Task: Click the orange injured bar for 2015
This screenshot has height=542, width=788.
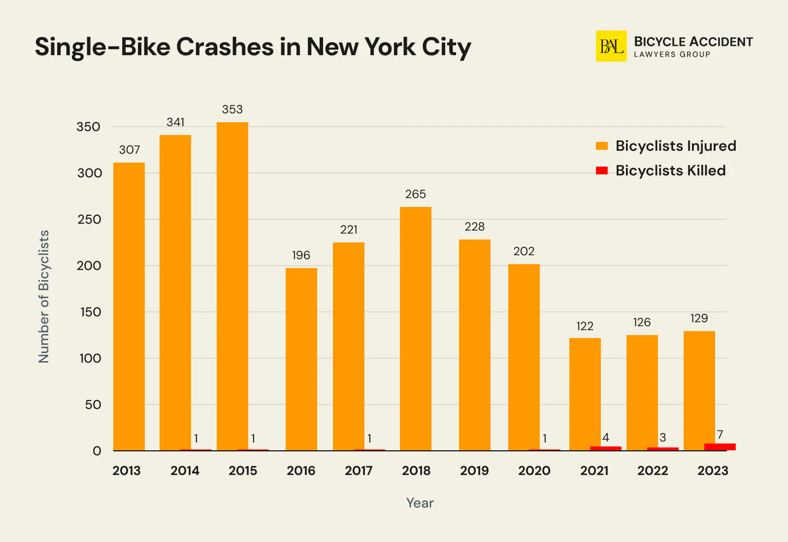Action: tap(232, 286)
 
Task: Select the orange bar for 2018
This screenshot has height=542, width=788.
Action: tap(416, 328)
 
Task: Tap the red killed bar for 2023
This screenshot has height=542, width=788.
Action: tap(720, 446)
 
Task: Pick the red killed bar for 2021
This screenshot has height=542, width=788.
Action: tap(605, 448)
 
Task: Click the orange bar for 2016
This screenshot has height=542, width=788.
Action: tap(301, 359)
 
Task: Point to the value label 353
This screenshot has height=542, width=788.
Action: tap(232, 109)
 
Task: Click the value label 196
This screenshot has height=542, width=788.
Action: tap(301, 255)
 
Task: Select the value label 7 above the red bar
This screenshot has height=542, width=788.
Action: tap(720, 435)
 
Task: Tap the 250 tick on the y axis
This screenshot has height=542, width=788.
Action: tap(89, 219)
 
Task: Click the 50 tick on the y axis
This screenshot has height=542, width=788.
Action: tap(93, 405)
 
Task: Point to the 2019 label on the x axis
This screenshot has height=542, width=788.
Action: tap(474, 471)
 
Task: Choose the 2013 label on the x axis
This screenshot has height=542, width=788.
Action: tap(127, 471)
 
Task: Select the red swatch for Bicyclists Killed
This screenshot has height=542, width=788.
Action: tap(602, 170)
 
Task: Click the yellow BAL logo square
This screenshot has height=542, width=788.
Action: tap(611, 46)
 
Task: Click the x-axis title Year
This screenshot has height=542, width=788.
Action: tap(420, 503)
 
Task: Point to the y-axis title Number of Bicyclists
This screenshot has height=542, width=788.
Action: tap(44, 297)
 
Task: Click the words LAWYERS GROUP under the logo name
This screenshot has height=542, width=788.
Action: tap(672, 55)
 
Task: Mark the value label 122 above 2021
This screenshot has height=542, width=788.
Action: tap(585, 326)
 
